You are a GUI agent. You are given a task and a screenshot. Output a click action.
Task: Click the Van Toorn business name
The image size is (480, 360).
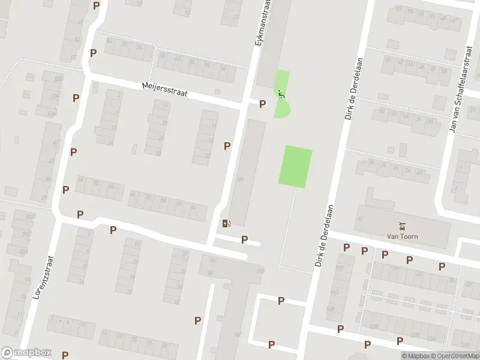403,236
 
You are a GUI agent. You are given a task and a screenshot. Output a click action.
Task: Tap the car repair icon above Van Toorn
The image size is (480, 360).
403,227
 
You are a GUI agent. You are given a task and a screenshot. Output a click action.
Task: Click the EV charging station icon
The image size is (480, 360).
226,224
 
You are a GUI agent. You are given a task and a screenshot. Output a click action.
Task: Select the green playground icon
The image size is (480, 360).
280,94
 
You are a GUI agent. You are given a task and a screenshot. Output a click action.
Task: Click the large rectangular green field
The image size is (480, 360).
296,166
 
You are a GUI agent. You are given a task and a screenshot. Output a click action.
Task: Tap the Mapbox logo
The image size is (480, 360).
26,353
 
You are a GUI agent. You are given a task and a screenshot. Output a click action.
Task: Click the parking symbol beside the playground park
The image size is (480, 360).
262,104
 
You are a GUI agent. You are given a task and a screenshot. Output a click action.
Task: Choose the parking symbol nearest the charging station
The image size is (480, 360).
244,239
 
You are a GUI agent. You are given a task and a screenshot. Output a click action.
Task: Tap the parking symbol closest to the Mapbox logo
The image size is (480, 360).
64,355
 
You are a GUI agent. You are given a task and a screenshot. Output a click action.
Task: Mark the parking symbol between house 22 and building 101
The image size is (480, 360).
227,146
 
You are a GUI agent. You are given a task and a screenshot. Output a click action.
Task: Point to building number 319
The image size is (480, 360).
260,272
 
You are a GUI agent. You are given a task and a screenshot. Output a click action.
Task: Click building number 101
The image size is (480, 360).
241,179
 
